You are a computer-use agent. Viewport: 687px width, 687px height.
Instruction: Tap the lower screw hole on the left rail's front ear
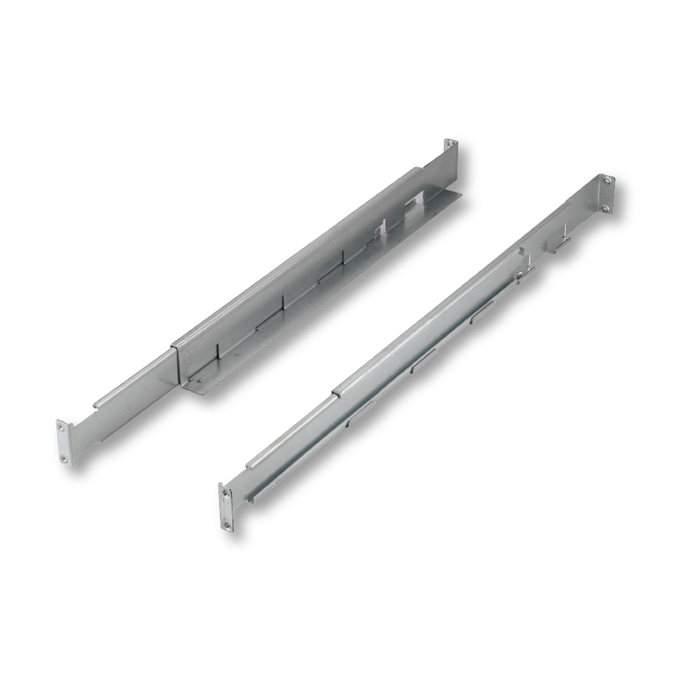click(x=64, y=458)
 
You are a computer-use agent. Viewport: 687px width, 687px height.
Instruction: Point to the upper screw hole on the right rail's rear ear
click(x=607, y=181)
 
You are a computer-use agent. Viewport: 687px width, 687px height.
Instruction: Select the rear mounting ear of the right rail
click(x=606, y=194)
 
